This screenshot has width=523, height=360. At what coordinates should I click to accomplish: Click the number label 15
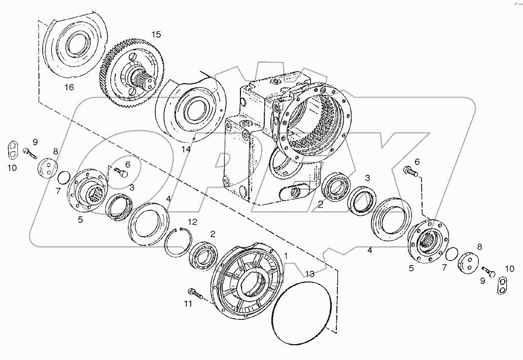click(156, 35)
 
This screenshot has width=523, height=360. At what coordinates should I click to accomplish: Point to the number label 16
click(68, 87)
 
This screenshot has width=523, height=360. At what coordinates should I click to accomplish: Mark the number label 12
click(192, 222)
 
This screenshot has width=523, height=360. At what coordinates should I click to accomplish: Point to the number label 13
click(310, 274)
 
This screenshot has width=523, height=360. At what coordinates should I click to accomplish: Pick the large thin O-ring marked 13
click(301, 309)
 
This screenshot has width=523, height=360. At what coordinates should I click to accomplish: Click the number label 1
click(287, 256)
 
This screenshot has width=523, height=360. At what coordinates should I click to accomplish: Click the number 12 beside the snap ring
click(192, 222)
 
